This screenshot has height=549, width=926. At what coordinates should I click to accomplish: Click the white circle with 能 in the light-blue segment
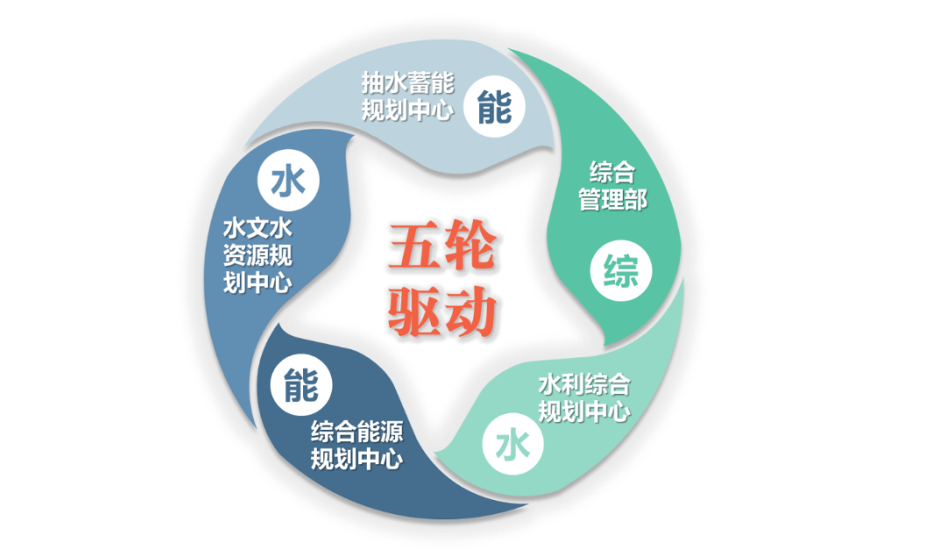pos(495,106)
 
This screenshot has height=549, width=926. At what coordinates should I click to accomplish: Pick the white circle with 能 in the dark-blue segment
pos(300,384)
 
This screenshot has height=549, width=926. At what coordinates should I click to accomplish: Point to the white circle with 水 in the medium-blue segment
pos(288,181)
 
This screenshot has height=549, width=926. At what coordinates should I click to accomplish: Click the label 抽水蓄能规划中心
pos(407,96)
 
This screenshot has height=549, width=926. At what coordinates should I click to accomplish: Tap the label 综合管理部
pos(612,185)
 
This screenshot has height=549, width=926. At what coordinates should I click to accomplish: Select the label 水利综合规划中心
pos(583,398)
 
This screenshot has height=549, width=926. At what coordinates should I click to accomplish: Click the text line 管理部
pos(612,199)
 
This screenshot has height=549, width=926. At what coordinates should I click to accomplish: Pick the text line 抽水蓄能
pos(407,83)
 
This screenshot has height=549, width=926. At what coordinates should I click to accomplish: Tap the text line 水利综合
pos(583,384)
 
